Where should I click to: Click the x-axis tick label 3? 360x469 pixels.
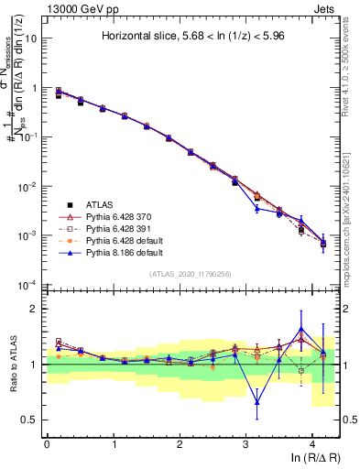[246, 442]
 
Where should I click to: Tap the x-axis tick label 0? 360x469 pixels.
[47, 442]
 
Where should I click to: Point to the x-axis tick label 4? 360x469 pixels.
[312, 442]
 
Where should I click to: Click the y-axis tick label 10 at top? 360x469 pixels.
[31, 39]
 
